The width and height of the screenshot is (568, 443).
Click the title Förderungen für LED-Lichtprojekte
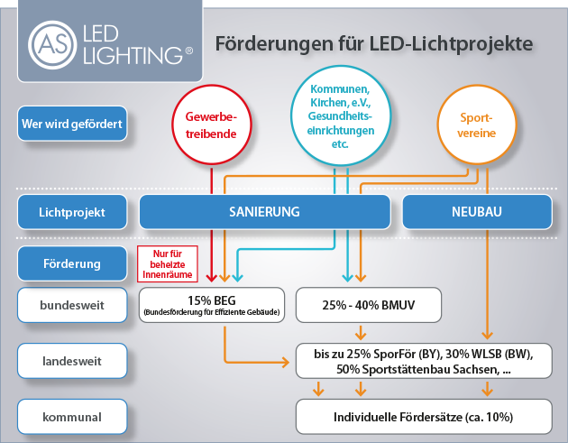373,43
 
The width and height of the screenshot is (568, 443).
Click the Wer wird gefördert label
71,123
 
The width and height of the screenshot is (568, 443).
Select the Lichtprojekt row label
71,213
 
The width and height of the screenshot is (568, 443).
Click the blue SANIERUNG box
264,213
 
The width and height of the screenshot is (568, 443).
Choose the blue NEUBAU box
475,213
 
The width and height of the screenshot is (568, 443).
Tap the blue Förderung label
71,264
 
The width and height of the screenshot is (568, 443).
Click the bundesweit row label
71,305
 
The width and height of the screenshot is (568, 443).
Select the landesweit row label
71,361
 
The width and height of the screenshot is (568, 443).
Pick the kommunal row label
71,417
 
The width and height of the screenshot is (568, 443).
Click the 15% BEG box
212,305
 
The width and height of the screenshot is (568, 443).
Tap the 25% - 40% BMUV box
368,305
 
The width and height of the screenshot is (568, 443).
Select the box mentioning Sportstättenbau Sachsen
424,361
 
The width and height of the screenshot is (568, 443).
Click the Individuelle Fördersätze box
424,417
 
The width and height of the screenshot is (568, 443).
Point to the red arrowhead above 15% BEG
212,277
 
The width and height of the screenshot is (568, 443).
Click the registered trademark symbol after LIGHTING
188,53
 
